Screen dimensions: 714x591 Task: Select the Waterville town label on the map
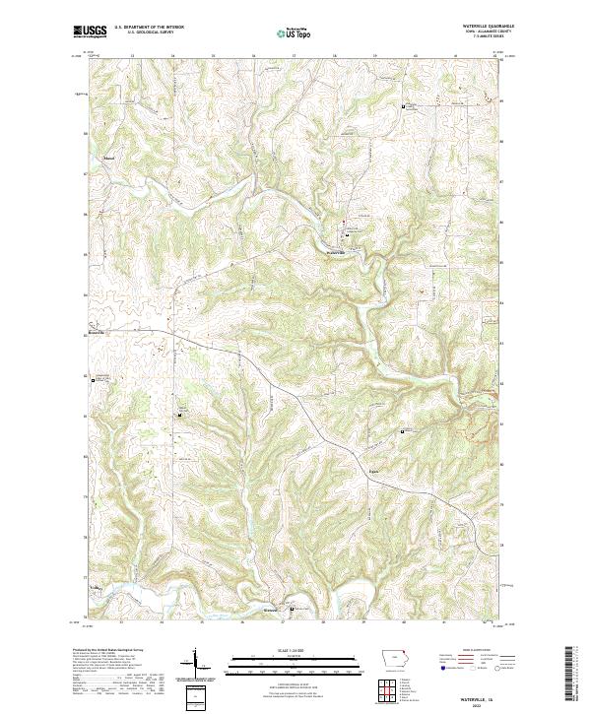(x=335, y=250)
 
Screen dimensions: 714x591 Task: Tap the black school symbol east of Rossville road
(x=179, y=416)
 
